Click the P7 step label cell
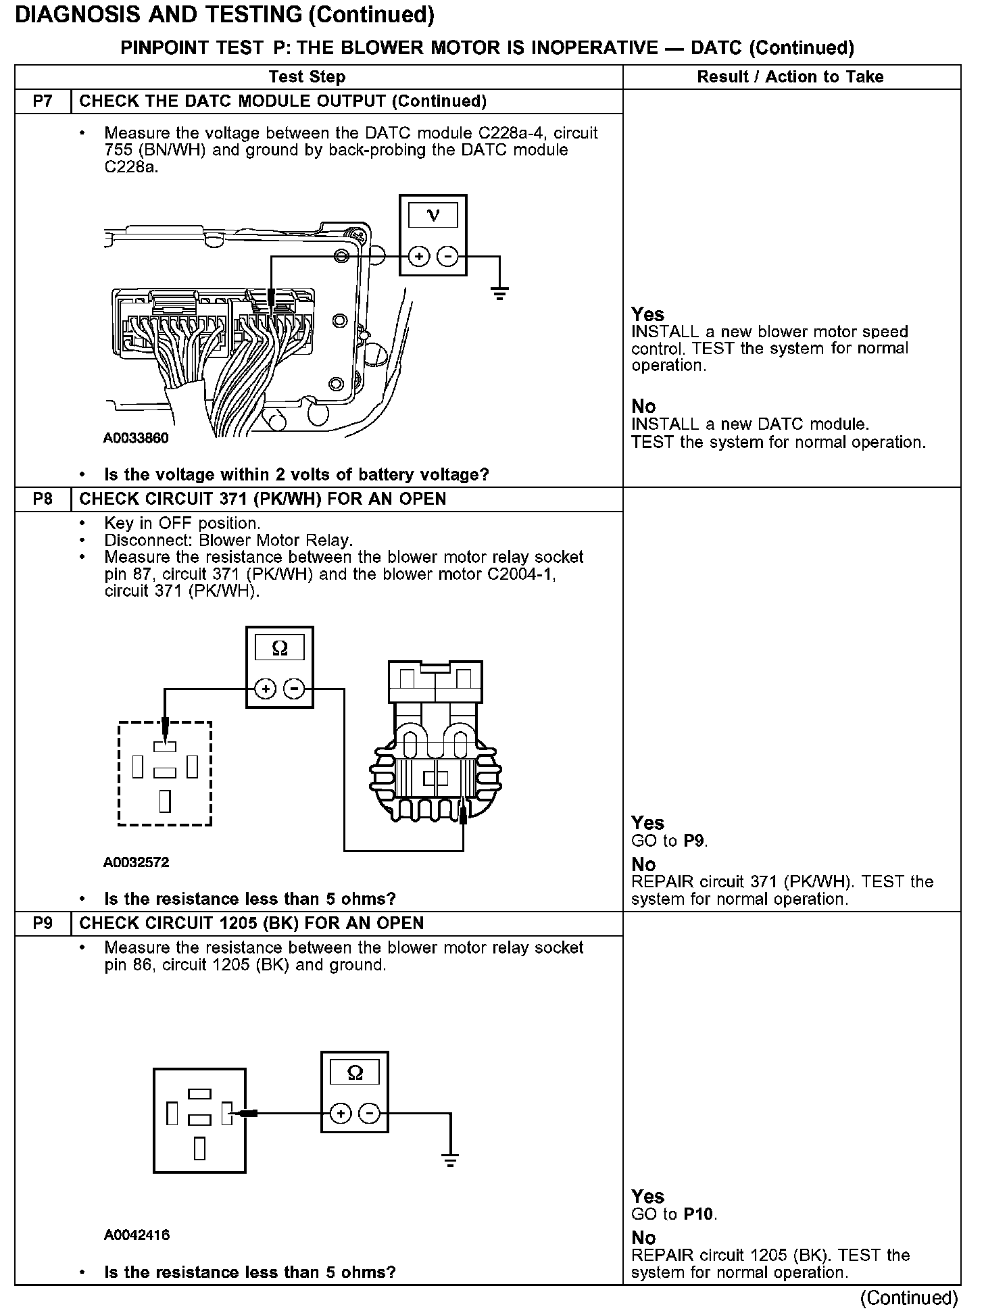42,101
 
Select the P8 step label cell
42,499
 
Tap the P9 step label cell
42,923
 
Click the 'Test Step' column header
307,77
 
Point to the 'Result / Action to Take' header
790,77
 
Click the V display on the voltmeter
433,216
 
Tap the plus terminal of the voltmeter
419,257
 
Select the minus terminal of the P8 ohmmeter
294,689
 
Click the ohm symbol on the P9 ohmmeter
355,1072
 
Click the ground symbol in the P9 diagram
450,1161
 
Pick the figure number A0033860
136,439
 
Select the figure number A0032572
136,862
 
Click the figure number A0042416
136,1235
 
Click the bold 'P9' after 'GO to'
695,841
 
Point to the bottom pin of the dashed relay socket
165,801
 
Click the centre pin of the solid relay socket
199,1120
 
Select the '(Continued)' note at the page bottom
908,1298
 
